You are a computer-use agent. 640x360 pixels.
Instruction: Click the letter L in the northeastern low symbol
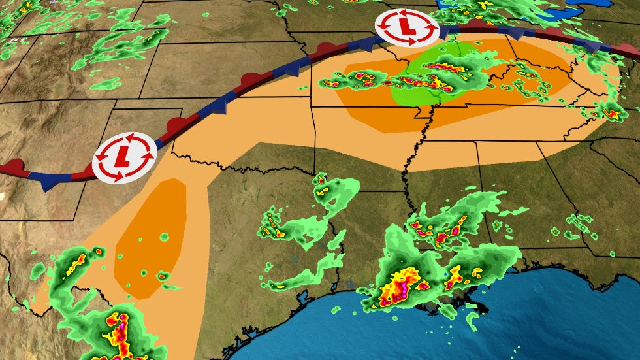(x=407, y=27)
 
